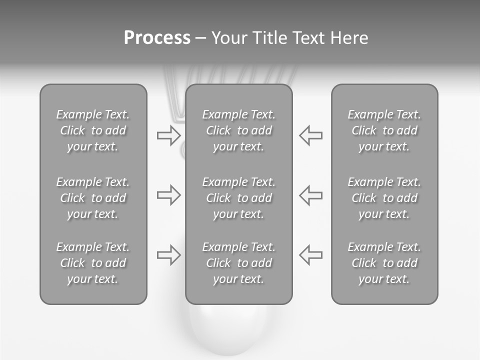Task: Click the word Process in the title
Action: click(x=157, y=38)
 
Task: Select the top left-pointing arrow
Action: click(x=310, y=135)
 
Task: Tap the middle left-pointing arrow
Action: click(x=310, y=195)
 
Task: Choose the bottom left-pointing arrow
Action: click(x=310, y=255)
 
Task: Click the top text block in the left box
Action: click(x=93, y=130)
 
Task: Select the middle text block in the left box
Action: click(x=93, y=198)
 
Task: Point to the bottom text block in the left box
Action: click(x=93, y=263)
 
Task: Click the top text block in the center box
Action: click(x=238, y=130)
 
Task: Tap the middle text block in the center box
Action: click(x=238, y=198)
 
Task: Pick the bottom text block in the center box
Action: click(x=238, y=263)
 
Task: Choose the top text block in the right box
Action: click(x=384, y=130)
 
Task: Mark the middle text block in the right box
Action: click(x=384, y=198)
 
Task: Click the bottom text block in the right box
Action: click(x=384, y=263)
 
